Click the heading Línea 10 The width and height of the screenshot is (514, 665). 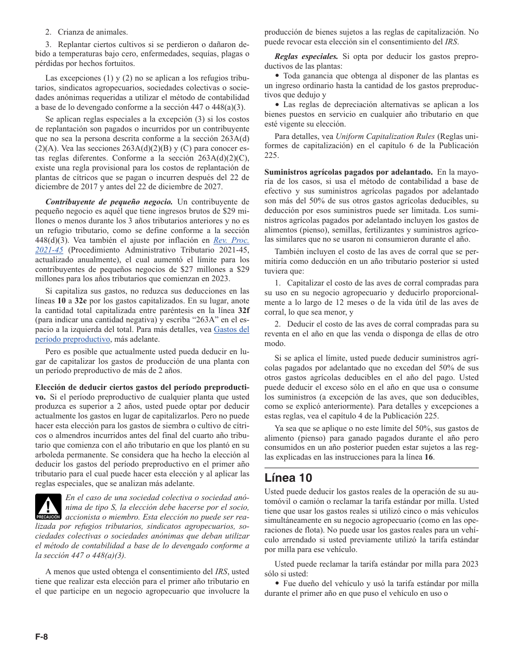click(x=288, y=478)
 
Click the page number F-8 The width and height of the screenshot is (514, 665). click(x=42, y=637)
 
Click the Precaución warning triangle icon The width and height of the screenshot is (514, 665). click(x=49, y=507)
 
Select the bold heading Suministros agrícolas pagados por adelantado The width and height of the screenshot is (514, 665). click(x=348, y=172)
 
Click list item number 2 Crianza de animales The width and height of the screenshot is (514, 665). click(x=87, y=32)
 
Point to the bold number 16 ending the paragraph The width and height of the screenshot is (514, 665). click(x=429, y=457)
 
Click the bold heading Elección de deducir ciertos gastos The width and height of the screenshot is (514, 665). click(x=142, y=387)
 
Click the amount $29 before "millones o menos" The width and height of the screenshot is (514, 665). click(x=230, y=211)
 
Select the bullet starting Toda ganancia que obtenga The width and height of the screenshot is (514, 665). click(x=377, y=76)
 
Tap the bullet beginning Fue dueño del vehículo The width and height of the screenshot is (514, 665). click(x=377, y=583)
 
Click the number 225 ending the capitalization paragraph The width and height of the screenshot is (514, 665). click(x=272, y=155)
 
